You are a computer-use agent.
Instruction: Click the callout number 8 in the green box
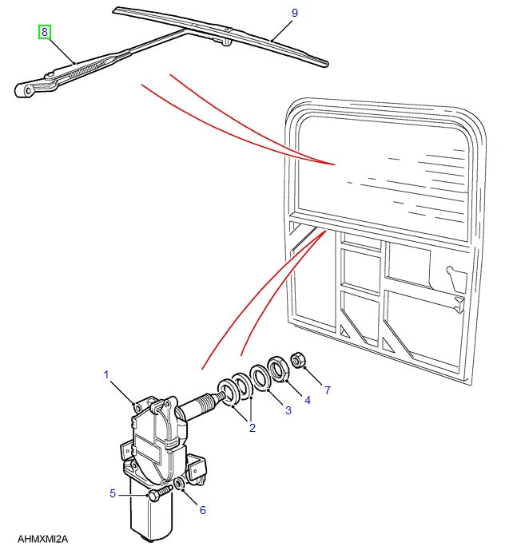pyautogui.click(x=46, y=33)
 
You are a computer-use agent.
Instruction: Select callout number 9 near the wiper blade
pyautogui.click(x=294, y=13)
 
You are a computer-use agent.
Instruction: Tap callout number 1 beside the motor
pyautogui.click(x=105, y=374)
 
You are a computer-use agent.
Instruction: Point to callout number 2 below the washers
pyautogui.click(x=252, y=429)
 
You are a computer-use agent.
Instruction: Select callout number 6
pyautogui.click(x=202, y=510)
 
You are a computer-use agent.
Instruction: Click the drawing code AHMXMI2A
pyautogui.click(x=42, y=539)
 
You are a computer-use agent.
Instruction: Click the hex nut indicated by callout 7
pyautogui.click(x=296, y=361)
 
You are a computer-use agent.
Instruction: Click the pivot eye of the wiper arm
pyautogui.click(x=29, y=91)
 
